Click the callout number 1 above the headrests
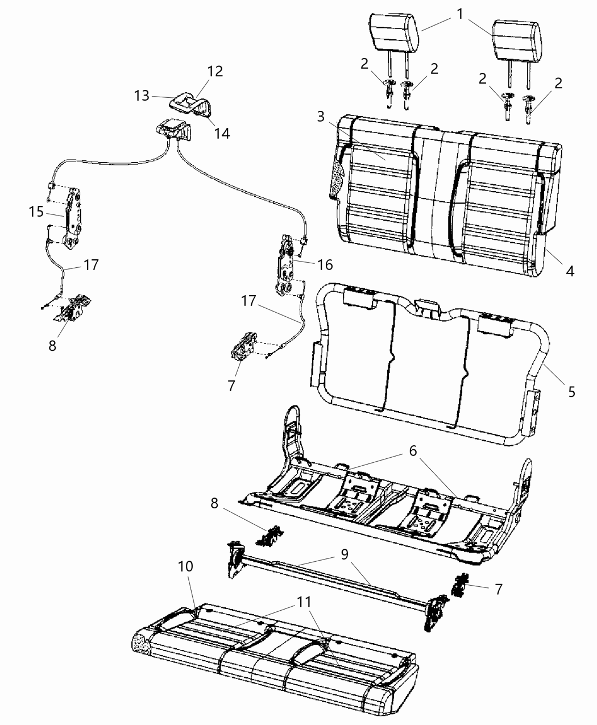coord(459,14)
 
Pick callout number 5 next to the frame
coord(571,391)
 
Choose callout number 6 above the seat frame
coord(413,451)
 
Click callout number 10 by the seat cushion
coord(185,567)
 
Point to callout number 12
coord(215,71)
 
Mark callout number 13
coord(142,95)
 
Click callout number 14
coord(221,133)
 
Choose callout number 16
coord(325,264)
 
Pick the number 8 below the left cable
coord(52,345)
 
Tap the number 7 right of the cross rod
coord(498,589)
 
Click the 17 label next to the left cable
coord(91,264)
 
